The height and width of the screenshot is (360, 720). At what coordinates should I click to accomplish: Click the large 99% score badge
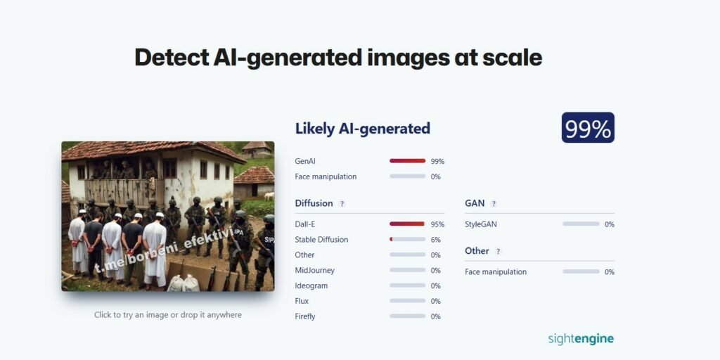[588, 128]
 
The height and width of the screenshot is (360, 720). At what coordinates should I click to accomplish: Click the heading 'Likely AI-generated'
[362, 129]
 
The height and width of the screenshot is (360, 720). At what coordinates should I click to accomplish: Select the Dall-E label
[305, 224]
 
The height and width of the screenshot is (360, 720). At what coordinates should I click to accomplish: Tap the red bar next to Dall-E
[407, 224]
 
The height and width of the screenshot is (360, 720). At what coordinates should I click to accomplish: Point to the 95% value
[437, 224]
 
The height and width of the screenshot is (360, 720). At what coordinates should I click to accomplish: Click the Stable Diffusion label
[321, 240]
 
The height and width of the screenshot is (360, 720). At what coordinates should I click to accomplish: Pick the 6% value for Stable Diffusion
[436, 240]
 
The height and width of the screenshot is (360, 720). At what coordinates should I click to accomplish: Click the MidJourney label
[314, 271]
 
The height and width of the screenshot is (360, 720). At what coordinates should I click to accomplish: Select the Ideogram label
[311, 285]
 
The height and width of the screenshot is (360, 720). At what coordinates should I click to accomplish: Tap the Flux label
[302, 301]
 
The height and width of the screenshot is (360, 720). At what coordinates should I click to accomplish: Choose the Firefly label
[305, 316]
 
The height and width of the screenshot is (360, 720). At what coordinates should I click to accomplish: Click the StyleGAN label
[481, 224]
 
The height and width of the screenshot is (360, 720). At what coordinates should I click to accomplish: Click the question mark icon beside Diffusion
[342, 204]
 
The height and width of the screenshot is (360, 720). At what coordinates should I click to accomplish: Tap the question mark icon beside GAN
[494, 204]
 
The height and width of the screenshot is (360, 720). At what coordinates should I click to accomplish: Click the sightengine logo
[581, 339]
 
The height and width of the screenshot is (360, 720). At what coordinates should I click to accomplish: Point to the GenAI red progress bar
[407, 161]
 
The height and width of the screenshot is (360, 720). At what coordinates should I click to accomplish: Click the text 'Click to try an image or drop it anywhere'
[167, 315]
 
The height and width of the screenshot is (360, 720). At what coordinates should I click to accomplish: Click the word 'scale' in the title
[513, 58]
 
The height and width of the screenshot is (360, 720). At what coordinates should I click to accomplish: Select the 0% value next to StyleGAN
[610, 224]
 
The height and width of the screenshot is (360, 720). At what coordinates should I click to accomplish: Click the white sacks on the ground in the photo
[184, 283]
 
